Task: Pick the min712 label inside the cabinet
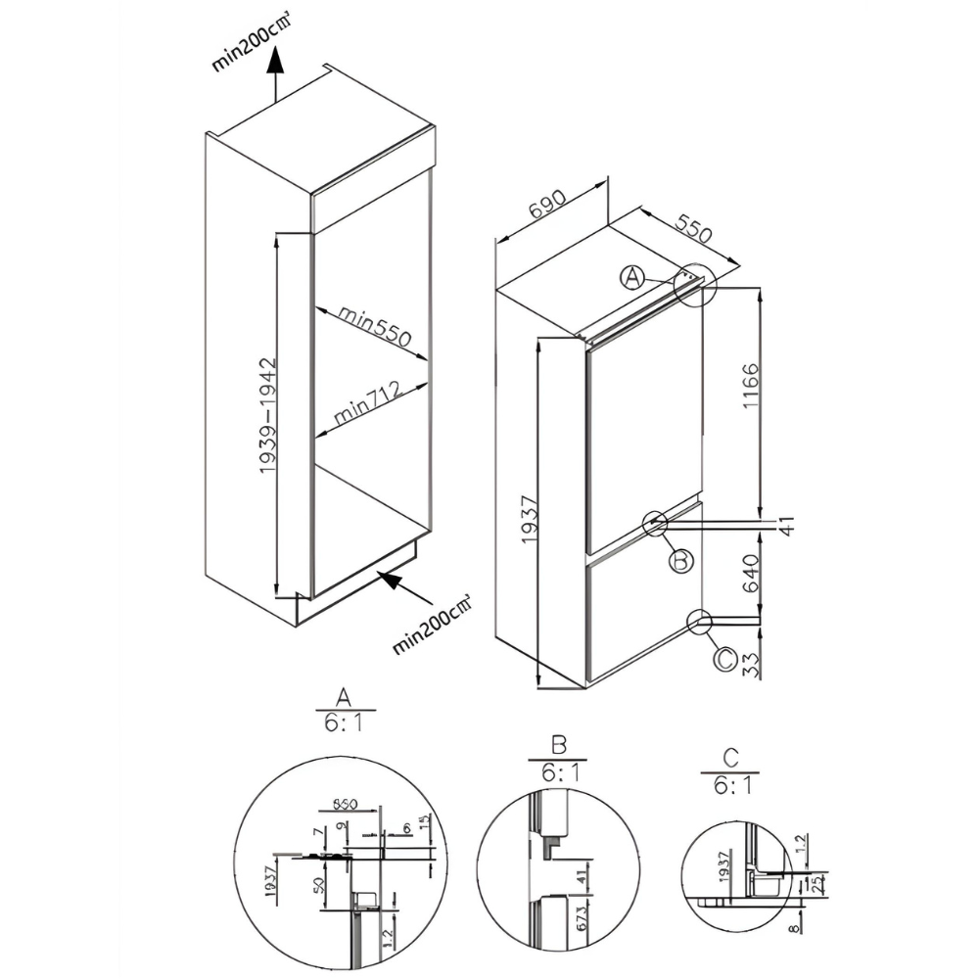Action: coord(370,403)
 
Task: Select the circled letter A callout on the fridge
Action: coord(633,278)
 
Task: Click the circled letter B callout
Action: coord(681,560)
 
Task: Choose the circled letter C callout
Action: coord(723,660)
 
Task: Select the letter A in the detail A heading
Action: coord(344,697)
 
